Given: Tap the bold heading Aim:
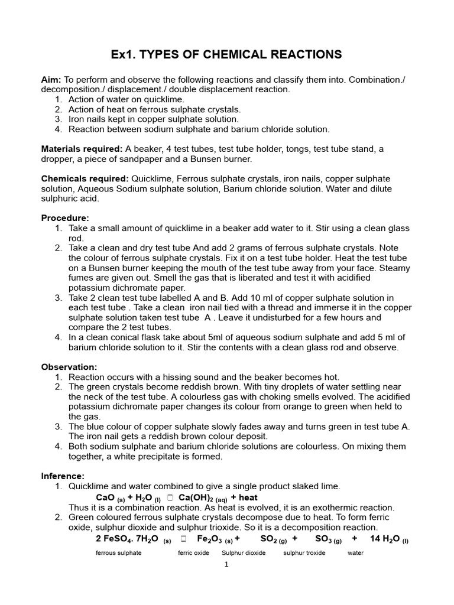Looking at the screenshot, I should click(51, 80).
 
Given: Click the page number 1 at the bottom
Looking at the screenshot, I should click(226, 565).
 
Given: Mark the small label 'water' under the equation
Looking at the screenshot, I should click(355, 553).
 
